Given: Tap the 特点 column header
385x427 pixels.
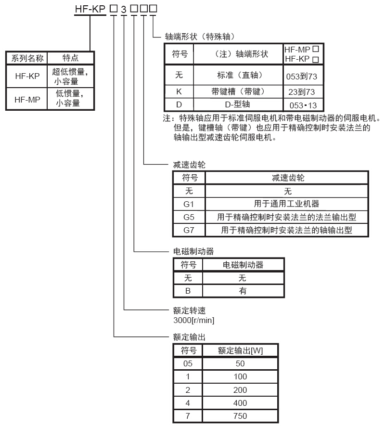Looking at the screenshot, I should point(71,58).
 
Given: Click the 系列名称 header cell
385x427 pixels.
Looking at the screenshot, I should point(27,58).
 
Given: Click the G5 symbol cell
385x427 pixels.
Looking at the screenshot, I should point(189,217).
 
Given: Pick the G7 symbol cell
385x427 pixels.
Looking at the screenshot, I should point(189,230).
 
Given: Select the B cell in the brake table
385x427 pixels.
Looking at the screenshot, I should point(188,291).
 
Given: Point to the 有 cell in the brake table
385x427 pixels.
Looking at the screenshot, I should point(242,291).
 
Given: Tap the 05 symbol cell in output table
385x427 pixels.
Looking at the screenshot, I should point(188,363).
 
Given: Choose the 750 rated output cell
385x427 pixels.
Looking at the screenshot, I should point(240,416).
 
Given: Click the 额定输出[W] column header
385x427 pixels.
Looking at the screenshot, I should point(240,350).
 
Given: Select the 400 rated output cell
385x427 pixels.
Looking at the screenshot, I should point(240,403).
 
